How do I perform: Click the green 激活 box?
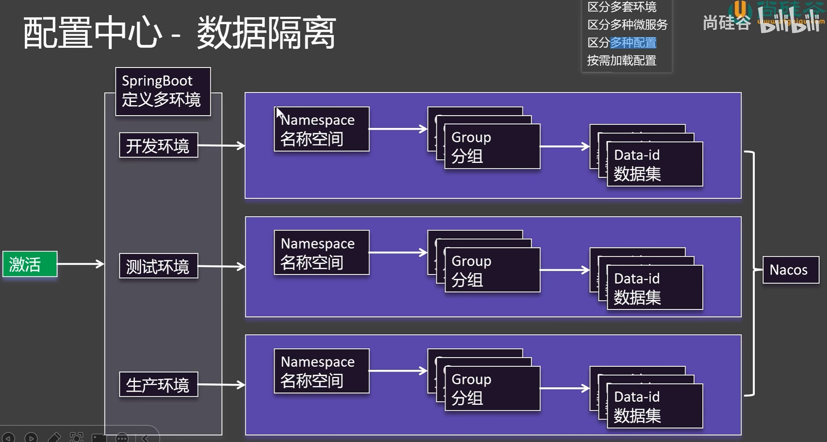[x=30, y=264]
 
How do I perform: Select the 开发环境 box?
[x=158, y=145]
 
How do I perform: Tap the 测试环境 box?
[x=158, y=266]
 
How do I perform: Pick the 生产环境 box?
[x=158, y=384]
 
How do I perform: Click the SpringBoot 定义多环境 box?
[x=163, y=91]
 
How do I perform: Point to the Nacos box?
[x=790, y=270]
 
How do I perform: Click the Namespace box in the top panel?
[x=322, y=129]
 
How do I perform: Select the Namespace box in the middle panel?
[x=322, y=252]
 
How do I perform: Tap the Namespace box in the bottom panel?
[x=322, y=371]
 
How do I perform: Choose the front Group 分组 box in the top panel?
[x=492, y=147]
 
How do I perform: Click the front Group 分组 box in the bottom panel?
[x=492, y=388]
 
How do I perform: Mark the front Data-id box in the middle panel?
[x=655, y=288]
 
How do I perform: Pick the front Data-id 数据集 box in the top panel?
[x=655, y=164]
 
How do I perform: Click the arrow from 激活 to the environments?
[x=81, y=264]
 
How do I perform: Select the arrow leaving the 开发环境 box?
[x=221, y=145]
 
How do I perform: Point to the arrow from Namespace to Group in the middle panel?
[x=398, y=252]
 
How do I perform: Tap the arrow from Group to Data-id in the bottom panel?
[x=565, y=388]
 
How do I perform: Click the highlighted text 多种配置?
[x=633, y=42]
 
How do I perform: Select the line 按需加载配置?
[x=621, y=60]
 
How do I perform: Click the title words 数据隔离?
[x=266, y=33]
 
